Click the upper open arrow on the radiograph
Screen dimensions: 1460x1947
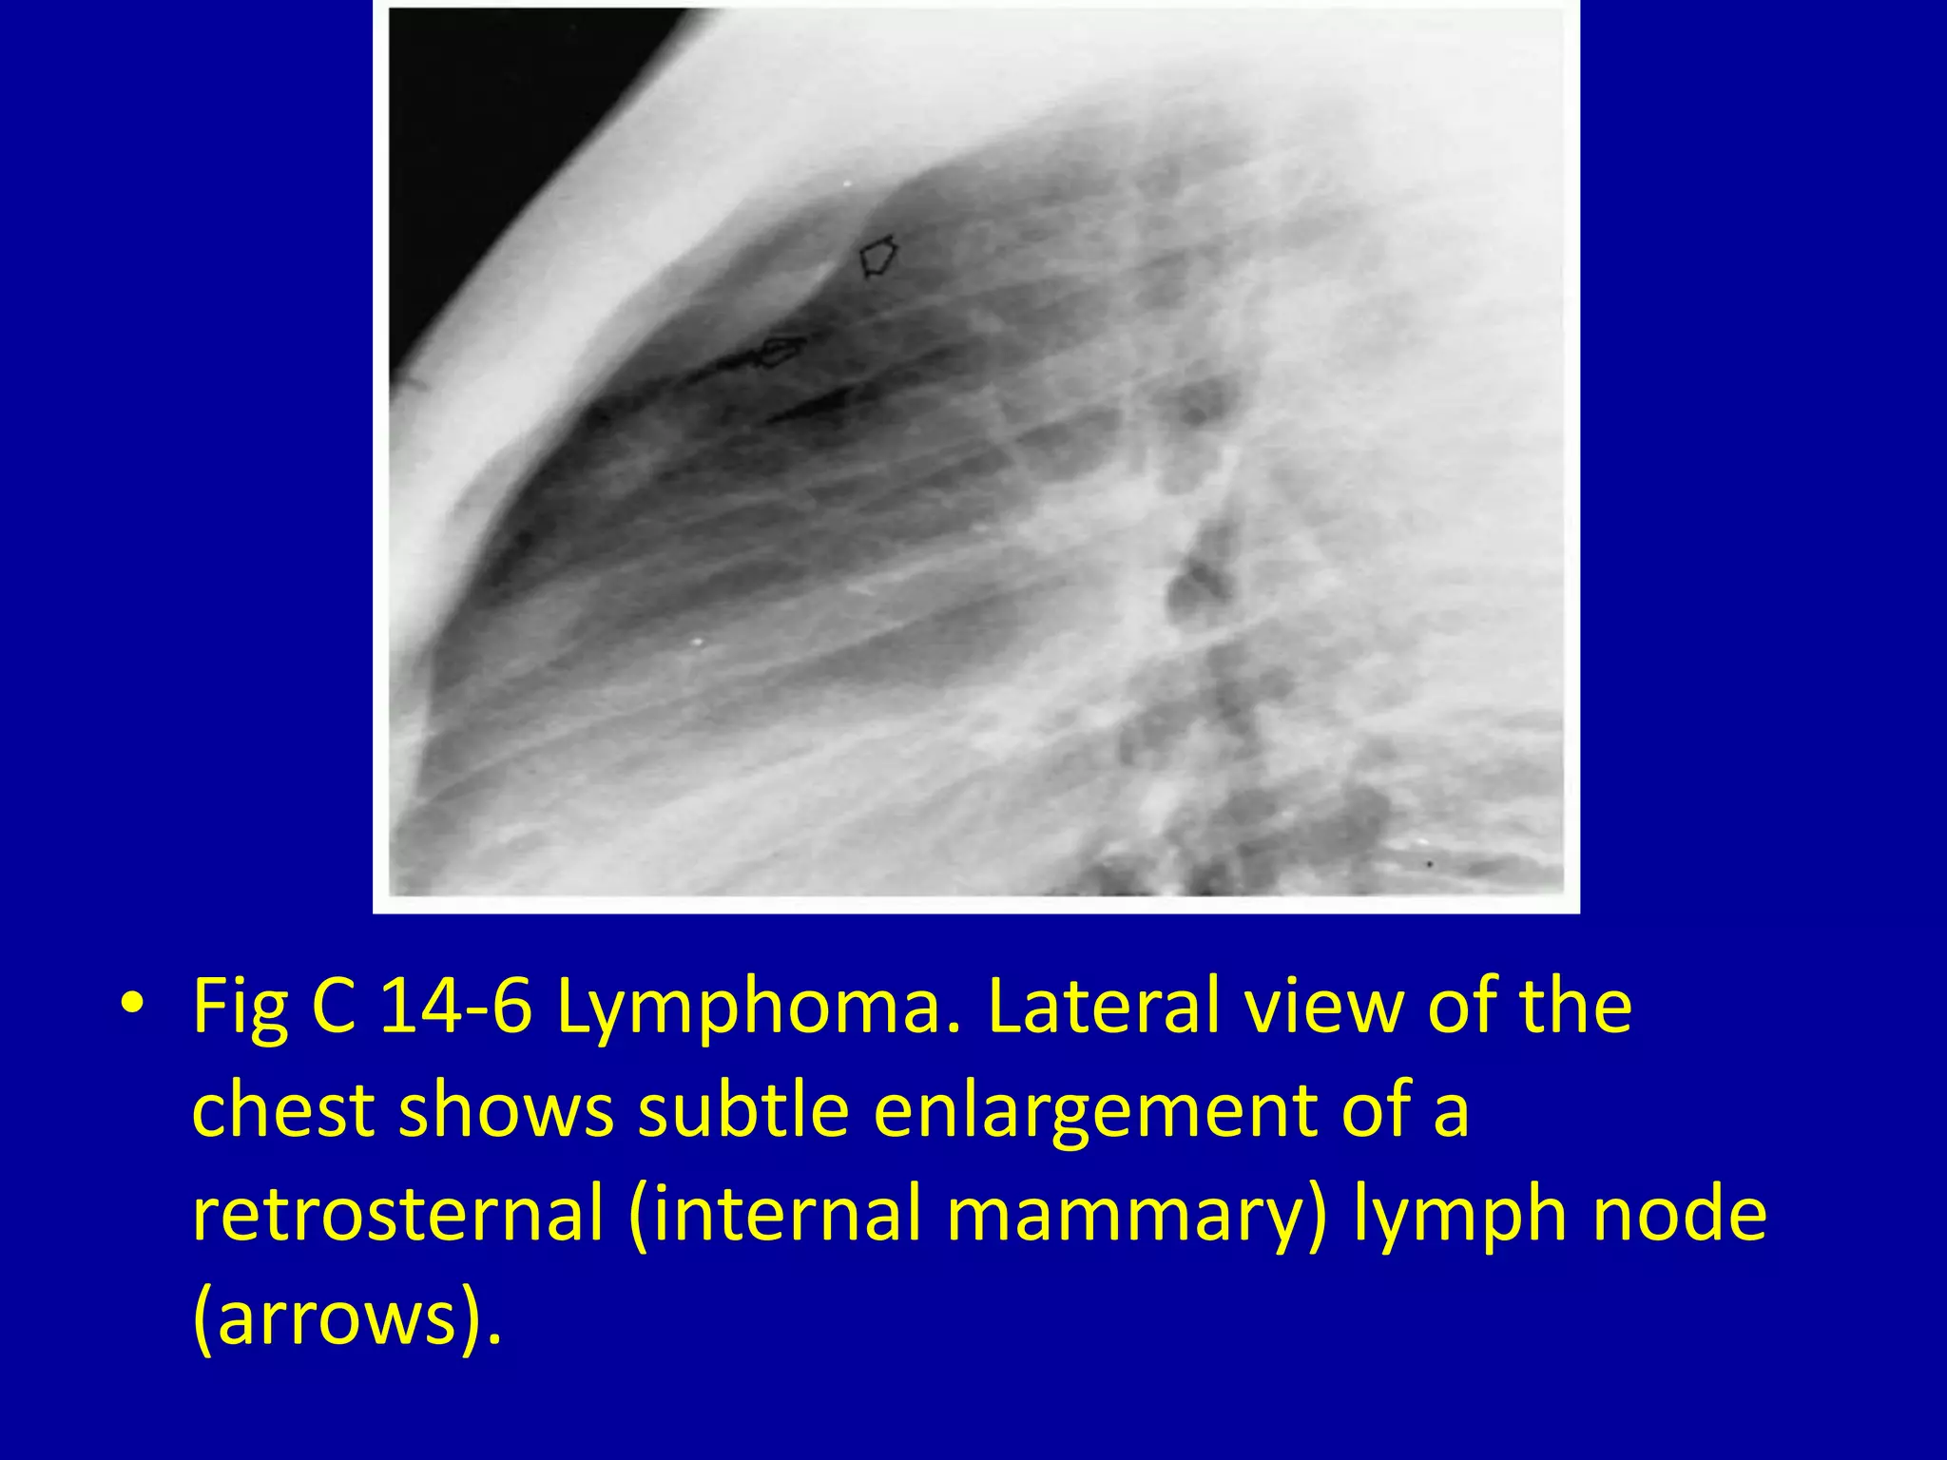point(877,257)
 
